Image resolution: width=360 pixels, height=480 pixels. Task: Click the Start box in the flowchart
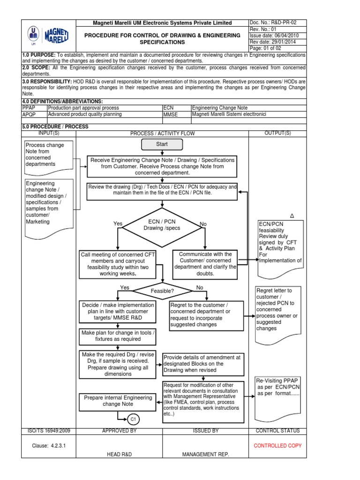[x=162, y=144]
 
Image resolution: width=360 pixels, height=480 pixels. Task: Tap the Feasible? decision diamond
[x=162, y=291]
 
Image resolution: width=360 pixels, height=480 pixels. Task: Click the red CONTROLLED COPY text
[x=277, y=446]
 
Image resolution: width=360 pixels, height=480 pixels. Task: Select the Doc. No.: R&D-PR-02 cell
[x=277, y=22]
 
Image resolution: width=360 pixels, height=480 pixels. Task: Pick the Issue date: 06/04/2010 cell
[x=277, y=36]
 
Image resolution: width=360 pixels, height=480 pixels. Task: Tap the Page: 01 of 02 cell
[x=277, y=48]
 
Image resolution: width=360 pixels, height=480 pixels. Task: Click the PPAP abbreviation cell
[x=34, y=108]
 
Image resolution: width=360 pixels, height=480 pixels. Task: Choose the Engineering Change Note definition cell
[x=248, y=108]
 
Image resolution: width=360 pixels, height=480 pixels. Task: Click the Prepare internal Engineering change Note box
[x=118, y=401]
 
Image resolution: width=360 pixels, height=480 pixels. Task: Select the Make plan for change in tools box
[x=118, y=336]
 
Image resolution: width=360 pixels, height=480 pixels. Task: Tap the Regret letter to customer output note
[x=277, y=309]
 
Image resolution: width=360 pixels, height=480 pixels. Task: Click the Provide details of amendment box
[x=202, y=363]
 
